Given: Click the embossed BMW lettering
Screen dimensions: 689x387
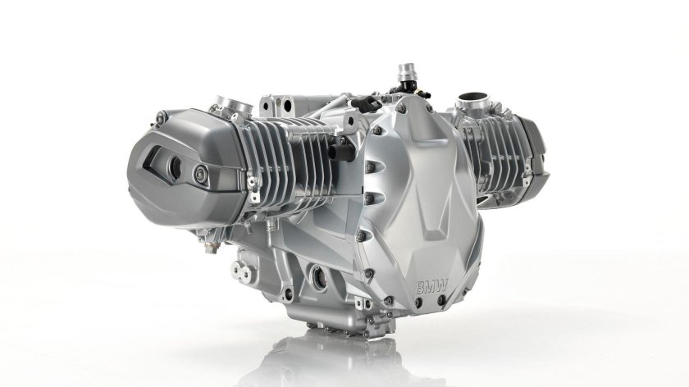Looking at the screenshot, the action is tap(431, 287).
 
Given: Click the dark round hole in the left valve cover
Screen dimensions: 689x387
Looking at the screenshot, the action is tap(176, 167).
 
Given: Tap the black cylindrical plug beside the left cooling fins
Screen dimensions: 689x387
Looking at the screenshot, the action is tap(341, 152).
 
